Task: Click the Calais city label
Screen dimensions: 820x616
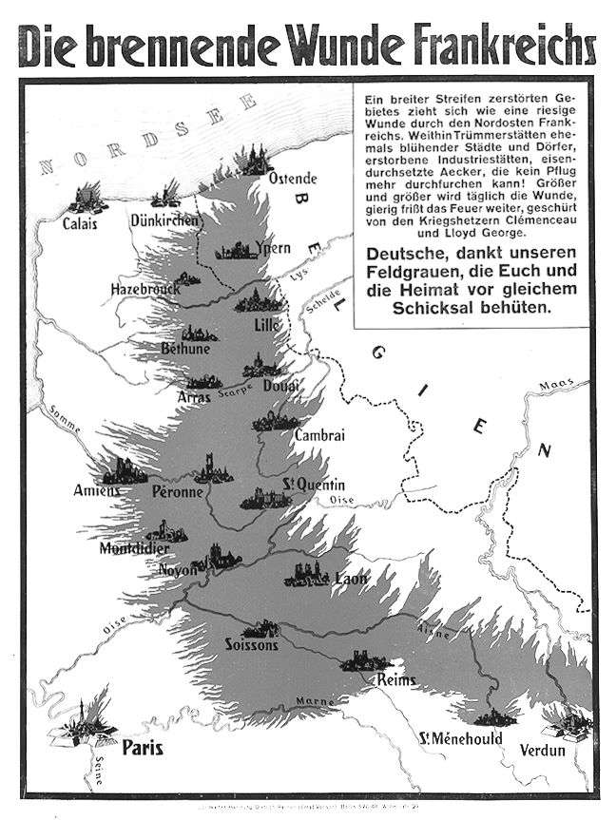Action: (x=80, y=224)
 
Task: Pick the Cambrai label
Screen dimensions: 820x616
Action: (x=319, y=435)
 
